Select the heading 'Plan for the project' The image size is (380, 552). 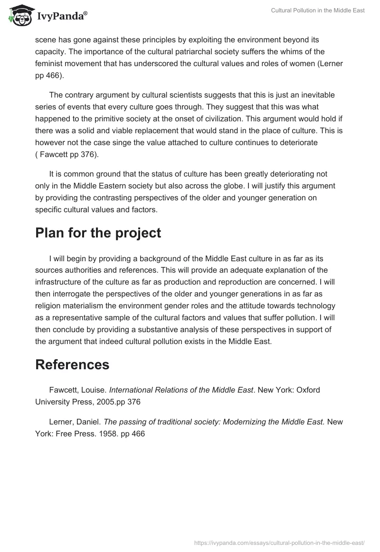[x=98, y=233]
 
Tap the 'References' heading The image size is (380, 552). [x=72, y=365]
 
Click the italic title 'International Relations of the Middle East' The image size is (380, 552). [x=181, y=390]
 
